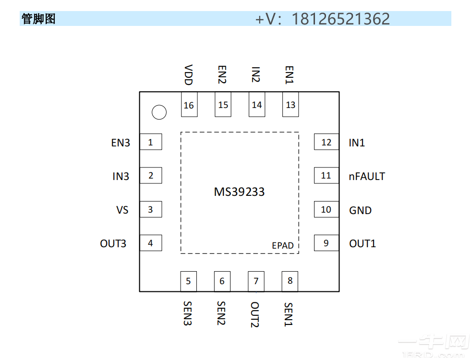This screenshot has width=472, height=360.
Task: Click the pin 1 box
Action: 151,142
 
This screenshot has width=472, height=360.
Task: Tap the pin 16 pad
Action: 189,105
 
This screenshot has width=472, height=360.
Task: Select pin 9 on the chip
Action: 326,243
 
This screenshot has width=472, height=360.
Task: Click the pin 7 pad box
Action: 256,281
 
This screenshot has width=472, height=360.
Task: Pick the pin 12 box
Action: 326,142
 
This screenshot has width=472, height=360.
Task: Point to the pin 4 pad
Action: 151,243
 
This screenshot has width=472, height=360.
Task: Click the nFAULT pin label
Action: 367,176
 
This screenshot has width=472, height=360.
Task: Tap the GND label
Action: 360,210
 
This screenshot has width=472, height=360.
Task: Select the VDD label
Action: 189,75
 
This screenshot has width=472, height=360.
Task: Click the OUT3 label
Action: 113,244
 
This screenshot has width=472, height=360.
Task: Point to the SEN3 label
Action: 188,313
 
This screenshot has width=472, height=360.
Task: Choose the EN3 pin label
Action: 121,143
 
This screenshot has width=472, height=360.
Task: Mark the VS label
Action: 122,210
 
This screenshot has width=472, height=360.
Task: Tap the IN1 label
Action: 357,143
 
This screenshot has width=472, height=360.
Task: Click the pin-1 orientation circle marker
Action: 159,112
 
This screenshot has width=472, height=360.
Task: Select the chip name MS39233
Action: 239,192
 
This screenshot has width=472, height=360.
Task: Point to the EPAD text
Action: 283,245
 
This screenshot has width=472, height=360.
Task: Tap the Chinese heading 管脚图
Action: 38,19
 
